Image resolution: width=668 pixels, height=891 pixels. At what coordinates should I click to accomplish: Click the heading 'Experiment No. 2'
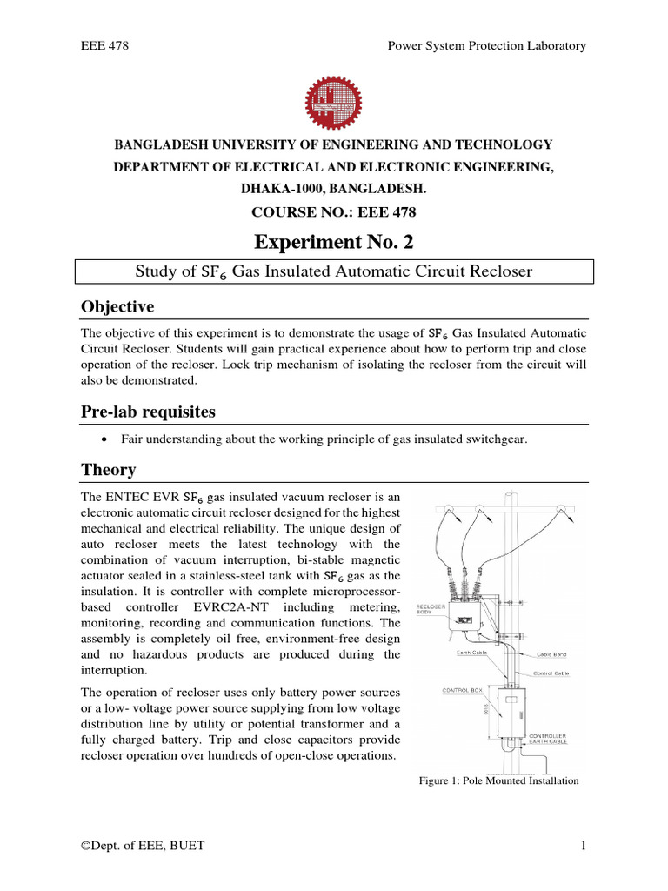coord(334,239)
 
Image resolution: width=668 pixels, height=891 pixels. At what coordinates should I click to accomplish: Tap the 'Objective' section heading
coord(117,307)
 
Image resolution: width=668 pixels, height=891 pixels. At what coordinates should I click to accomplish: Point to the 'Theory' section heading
coord(109,470)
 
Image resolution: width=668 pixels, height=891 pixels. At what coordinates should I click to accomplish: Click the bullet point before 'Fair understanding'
coord(104,440)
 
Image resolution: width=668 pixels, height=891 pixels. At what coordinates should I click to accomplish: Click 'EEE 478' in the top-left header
coord(104,45)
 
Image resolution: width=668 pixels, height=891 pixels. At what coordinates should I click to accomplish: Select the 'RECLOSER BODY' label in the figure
coord(432,608)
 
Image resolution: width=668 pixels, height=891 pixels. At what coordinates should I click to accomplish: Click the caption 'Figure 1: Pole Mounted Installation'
coord(498,780)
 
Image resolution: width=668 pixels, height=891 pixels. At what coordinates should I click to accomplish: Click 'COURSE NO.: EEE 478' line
coord(334,210)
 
